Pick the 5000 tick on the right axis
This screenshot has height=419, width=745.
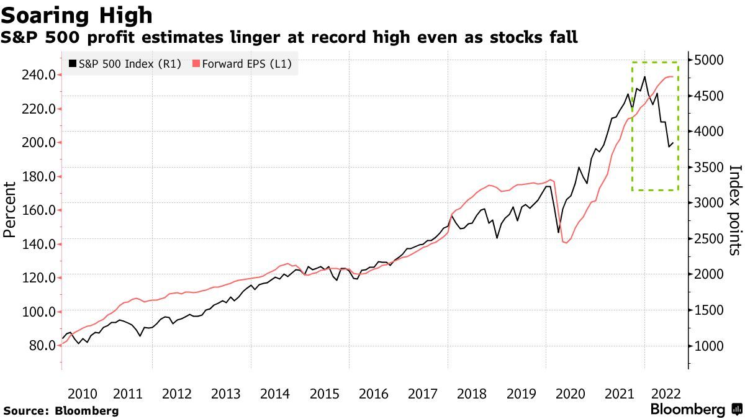pos(710,60)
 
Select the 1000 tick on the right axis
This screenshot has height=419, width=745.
pos(710,346)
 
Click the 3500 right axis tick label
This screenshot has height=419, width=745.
pos(710,168)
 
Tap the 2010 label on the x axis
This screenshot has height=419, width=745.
pos(82,394)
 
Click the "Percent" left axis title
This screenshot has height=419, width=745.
pos(9,210)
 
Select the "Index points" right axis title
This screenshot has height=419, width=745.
pos(735,210)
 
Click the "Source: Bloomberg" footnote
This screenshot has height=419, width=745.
pos(61,411)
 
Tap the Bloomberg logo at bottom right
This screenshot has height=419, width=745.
pos(696,409)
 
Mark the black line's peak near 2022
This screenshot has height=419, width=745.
pos(644,77)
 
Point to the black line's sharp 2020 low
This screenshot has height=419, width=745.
pos(558,232)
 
